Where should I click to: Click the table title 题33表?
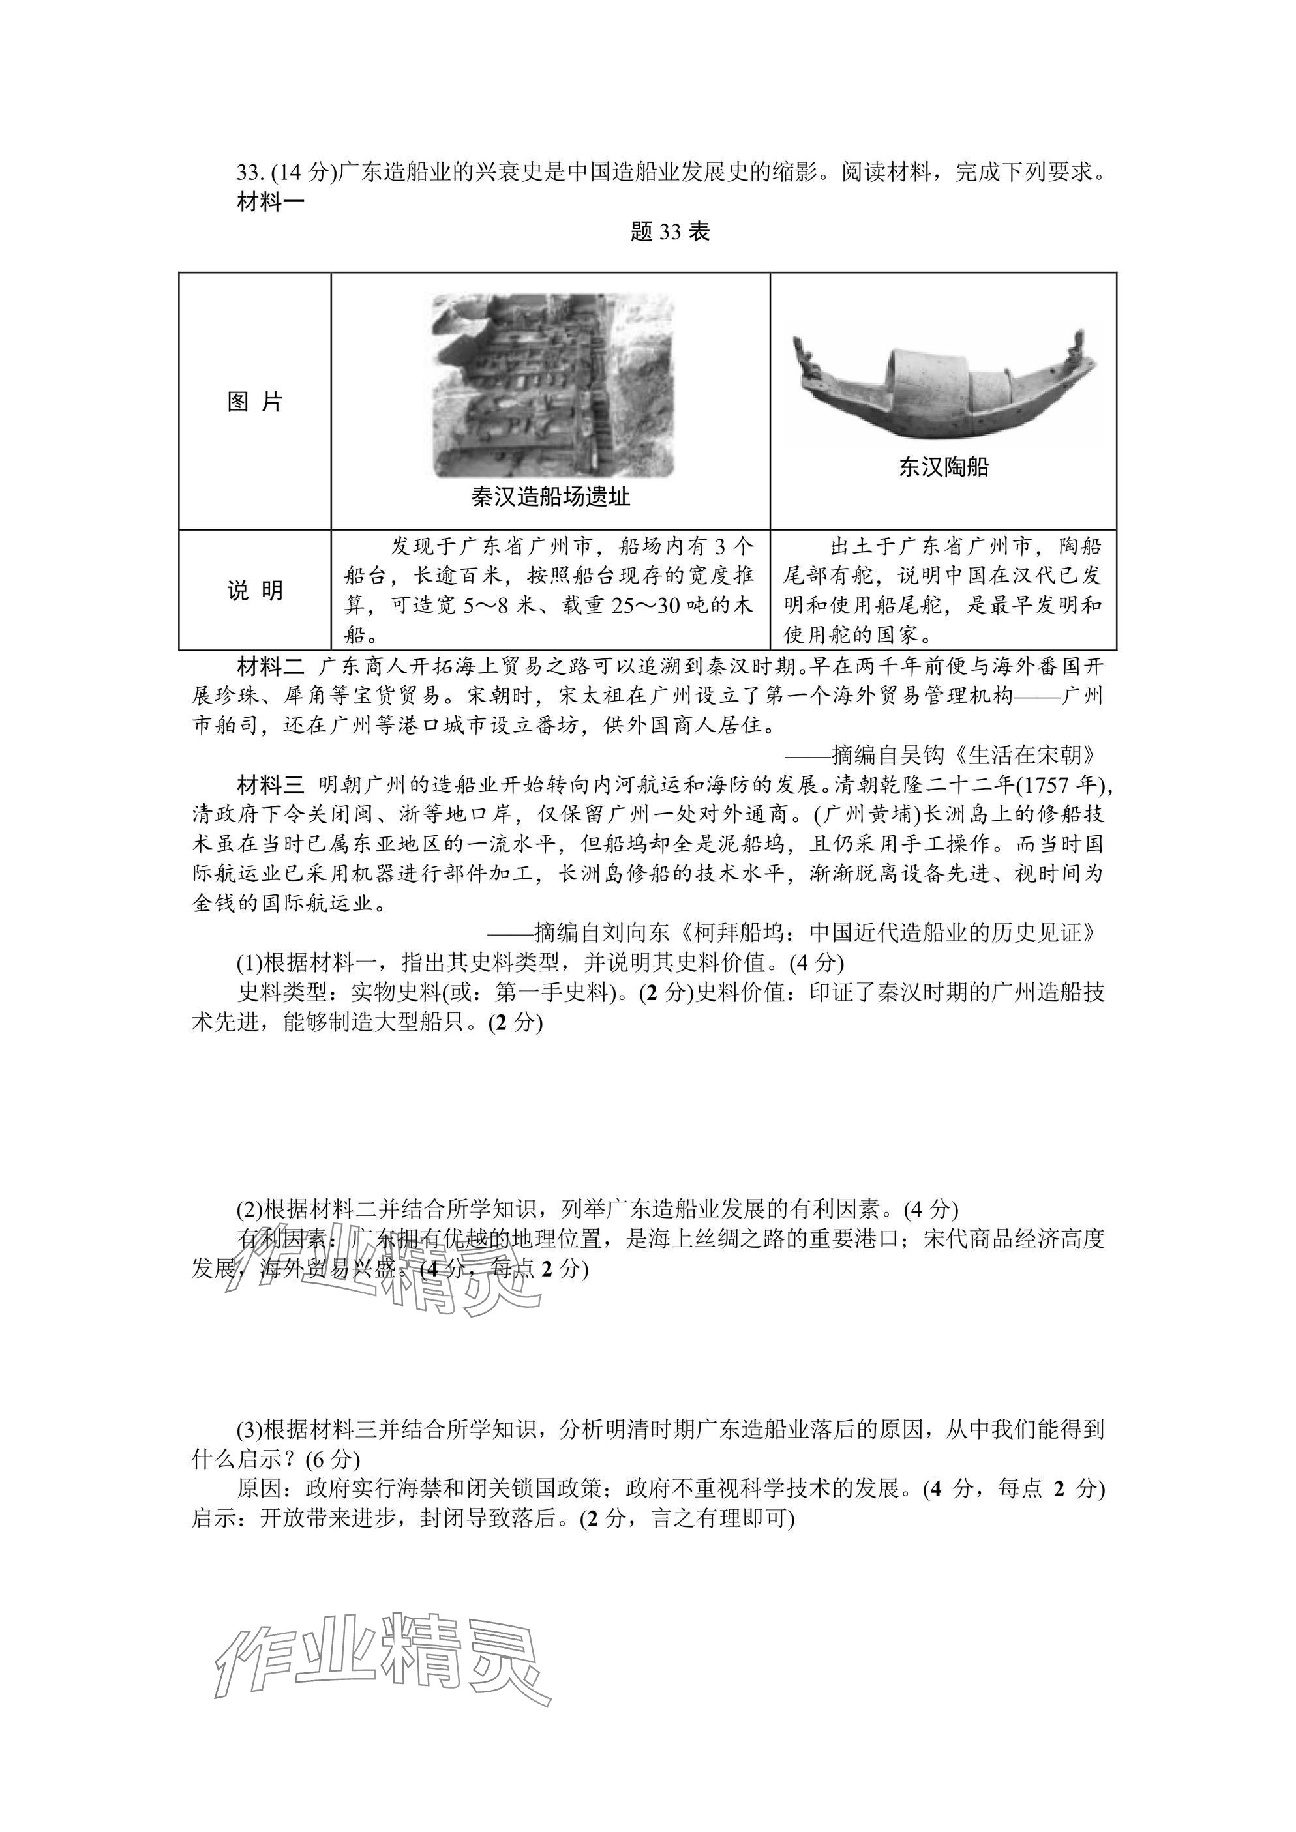click(x=670, y=232)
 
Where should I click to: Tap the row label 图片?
click(x=254, y=402)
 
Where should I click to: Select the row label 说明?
click(x=254, y=591)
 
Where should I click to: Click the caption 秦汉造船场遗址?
click(x=550, y=497)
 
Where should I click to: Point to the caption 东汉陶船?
click(x=943, y=467)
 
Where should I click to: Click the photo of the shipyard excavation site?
click(x=552, y=385)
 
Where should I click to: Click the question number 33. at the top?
click(x=250, y=172)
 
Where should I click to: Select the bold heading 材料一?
click(x=271, y=202)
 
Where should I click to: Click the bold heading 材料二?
click(x=271, y=666)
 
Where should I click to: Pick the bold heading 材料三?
click(x=271, y=785)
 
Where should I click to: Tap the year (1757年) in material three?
click(x=1060, y=785)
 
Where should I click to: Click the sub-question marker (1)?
click(x=249, y=963)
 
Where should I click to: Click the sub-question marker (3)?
click(x=249, y=1429)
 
